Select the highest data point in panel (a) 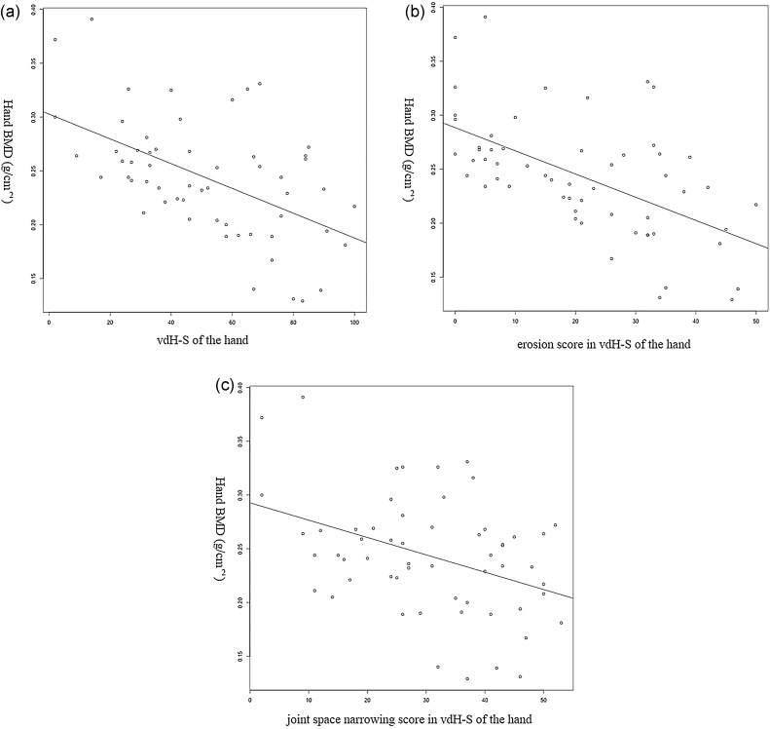[x=92, y=19]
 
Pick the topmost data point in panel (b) [x=485, y=17]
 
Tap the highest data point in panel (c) [x=303, y=397]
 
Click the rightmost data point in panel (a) [x=354, y=206]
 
